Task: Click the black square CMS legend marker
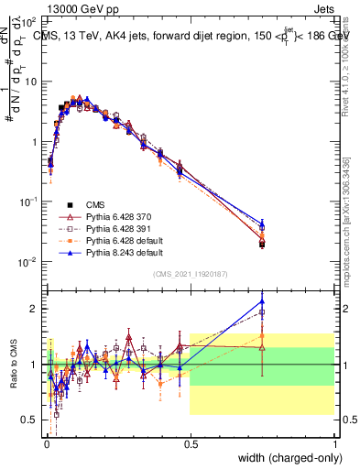point(71,203)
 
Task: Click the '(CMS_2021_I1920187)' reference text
point(190,274)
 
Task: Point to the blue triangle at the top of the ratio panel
point(262,300)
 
